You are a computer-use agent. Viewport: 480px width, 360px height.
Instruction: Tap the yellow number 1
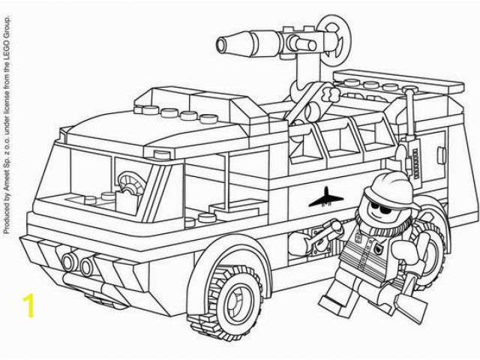click(28, 305)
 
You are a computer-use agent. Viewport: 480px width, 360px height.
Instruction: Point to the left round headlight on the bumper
click(69, 262)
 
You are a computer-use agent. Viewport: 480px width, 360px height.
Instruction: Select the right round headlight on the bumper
click(87, 265)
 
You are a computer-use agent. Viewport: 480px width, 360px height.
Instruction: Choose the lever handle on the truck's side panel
click(325, 233)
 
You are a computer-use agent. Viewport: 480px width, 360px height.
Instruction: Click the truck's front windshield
click(91, 178)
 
